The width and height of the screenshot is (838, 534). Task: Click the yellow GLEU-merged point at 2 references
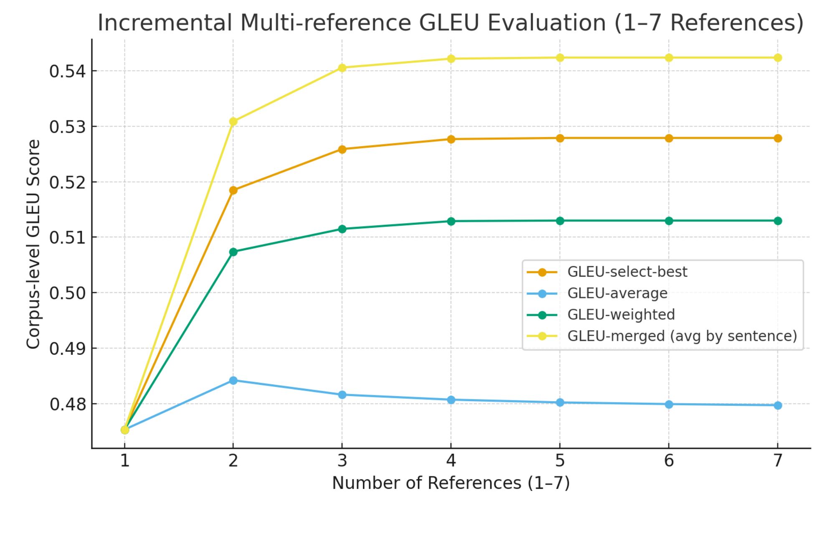[233, 122]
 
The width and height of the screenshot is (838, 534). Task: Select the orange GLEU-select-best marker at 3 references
[342, 150]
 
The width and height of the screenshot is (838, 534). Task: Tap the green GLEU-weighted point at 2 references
[233, 252]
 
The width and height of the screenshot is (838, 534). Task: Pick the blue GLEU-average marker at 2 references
[233, 380]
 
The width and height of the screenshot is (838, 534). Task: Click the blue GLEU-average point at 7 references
[777, 405]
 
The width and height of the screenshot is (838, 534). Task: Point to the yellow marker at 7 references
[777, 58]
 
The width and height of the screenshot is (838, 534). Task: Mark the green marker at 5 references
[560, 221]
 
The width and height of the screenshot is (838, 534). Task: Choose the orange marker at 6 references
[669, 138]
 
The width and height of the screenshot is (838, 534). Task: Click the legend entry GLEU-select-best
[627, 272]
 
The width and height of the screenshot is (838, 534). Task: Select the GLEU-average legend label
[617, 293]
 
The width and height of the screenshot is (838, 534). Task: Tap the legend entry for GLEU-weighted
[621, 315]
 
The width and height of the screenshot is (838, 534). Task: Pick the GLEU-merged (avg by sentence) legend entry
[682, 336]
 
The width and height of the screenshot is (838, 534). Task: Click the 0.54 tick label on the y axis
[67, 71]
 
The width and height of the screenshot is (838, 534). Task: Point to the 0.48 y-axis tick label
[67, 404]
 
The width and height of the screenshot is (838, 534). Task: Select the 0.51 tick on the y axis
[67, 237]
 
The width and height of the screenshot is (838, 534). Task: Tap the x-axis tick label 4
[451, 460]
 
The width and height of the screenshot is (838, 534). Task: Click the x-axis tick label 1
[124, 460]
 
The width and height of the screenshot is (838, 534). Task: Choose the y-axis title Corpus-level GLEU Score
[33, 244]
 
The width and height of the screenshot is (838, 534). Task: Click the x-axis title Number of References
[451, 483]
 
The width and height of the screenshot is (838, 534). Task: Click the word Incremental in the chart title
[165, 23]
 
